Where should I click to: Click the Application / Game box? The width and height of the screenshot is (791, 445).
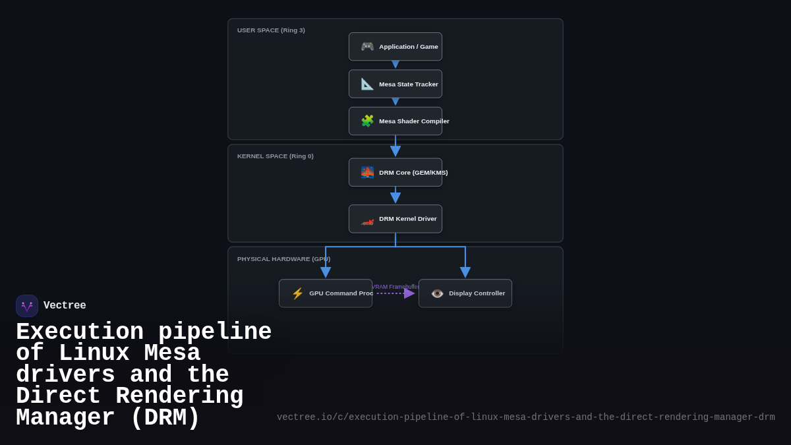tap(395, 47)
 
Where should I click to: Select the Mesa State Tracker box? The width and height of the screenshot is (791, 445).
tap(395, 84)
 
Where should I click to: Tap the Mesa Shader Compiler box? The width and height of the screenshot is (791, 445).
tap(395, 121)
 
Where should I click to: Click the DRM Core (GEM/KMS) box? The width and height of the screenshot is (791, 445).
tap(395, 172)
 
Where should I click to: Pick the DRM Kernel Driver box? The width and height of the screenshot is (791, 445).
tap(395, 219)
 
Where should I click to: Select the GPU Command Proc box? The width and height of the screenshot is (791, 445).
tap(326, 293)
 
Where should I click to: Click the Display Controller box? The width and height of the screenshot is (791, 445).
tap(465, 293)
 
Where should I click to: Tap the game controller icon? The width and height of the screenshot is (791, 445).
tap(367, 47)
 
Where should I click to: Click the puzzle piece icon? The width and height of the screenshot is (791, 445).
tap(367, 121)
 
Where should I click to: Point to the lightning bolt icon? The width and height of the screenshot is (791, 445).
tap(297, 293)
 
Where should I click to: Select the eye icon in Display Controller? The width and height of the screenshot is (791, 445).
tap(437, 293)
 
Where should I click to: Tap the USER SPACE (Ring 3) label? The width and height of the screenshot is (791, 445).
tap(271, 30)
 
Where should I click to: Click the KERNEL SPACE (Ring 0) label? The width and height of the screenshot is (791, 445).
tap(276, 156)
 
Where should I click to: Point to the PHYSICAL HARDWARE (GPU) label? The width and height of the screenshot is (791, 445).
tap(283, 259)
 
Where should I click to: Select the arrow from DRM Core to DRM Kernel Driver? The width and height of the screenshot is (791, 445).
tap(395, 196)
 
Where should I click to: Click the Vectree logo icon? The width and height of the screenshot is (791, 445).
tap(27, 306)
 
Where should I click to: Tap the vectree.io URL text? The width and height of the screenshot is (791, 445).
tap(525, 417)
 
